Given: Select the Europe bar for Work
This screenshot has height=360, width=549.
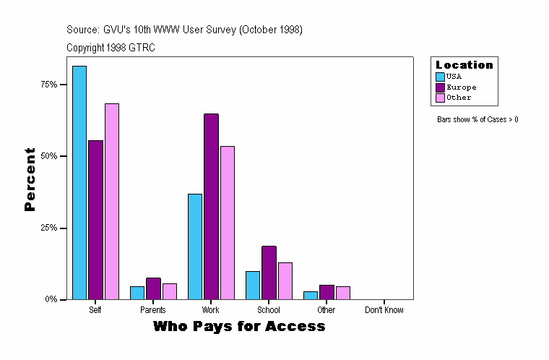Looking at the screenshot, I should (211, 206).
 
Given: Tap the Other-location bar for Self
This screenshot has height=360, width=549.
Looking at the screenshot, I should (112, 201).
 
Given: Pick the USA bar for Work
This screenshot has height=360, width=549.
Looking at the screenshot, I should (195, 246).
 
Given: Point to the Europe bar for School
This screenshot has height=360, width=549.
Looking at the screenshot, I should (269, 273).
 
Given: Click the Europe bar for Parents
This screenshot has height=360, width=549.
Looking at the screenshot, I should (153, 288).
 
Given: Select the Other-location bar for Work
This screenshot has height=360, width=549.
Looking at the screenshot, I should (228, 222).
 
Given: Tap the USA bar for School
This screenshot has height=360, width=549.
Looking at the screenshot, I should (253, 285).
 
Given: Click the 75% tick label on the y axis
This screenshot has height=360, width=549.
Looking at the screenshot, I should (48, 85).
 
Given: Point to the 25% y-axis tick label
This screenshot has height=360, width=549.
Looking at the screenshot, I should (48, 228).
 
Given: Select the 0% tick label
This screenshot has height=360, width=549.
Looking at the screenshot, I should (51, 299).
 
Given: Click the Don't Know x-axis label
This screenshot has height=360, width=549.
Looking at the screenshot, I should (384, 310).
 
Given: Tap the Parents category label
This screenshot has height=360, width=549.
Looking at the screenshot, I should (153, 310).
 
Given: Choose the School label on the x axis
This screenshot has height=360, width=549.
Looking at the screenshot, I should (269, 310).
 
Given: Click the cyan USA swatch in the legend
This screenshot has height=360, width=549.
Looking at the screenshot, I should (440, 77).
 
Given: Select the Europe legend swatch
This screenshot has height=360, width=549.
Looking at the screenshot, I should (440, 87).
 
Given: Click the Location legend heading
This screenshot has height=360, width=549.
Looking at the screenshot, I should (464, 65).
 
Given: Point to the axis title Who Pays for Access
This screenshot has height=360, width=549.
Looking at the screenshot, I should (239, 327).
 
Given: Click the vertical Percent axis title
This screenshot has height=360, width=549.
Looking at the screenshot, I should (30, 179).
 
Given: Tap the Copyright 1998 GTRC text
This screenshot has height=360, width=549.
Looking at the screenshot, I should (111, 48).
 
